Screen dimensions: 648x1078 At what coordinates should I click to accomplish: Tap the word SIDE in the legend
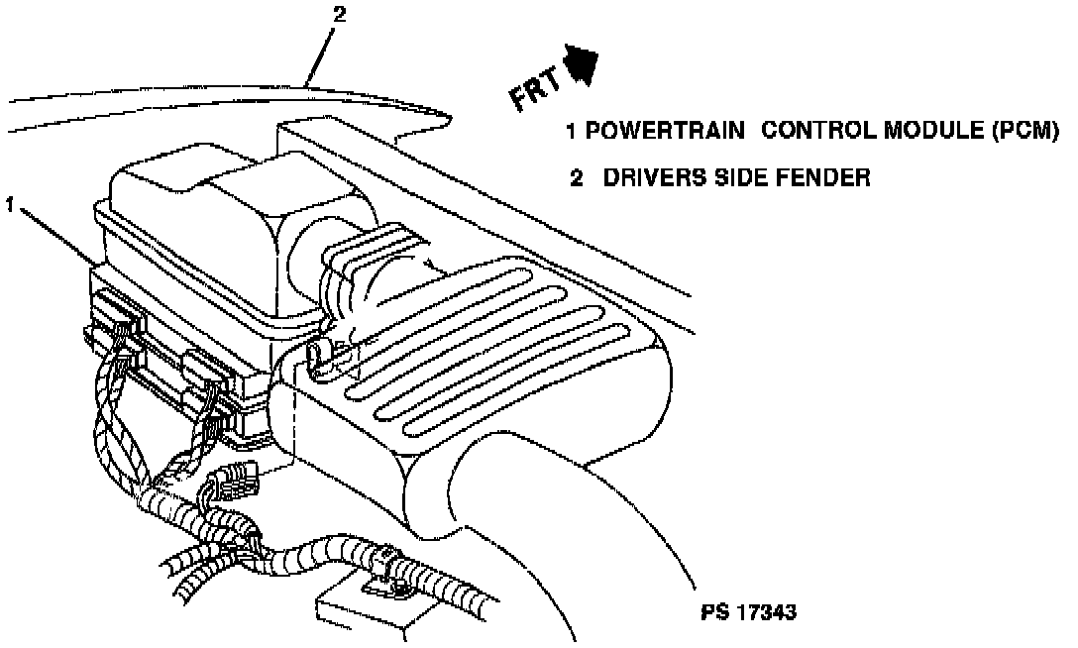tap(739, 178)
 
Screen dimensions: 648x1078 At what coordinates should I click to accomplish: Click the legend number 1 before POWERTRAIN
tap(571, 132)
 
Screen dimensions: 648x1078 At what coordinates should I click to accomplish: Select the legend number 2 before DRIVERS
tap(575, 178)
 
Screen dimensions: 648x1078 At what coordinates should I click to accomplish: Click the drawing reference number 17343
tap(765, 612)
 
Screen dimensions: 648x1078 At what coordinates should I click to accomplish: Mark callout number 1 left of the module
tap(9, 205)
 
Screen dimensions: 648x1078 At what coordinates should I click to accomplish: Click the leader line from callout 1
tap(54, 236)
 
